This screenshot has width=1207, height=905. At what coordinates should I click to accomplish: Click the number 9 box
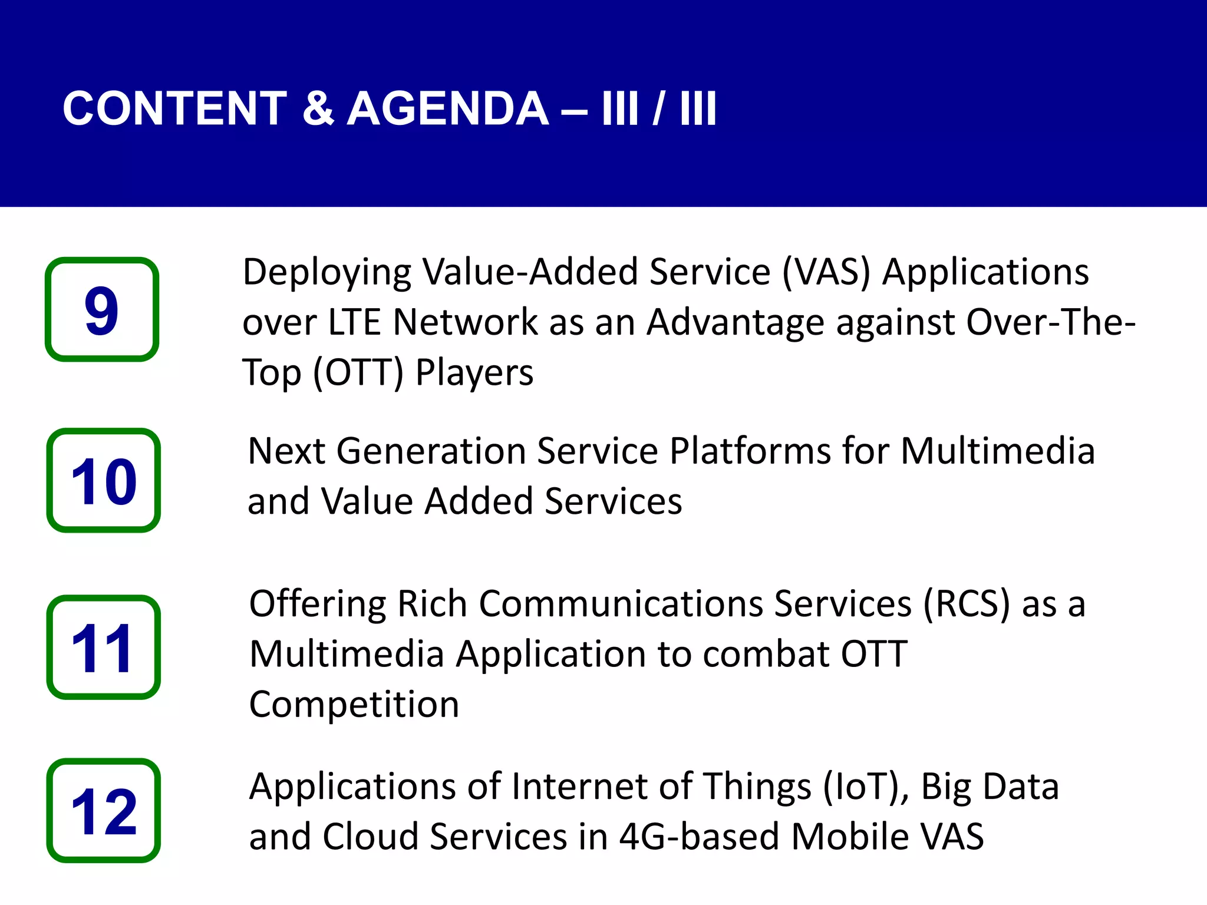click(102, 309)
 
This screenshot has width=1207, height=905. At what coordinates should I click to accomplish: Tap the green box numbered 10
click(103, 480)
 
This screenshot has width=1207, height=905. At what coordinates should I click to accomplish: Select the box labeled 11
click(103, 647)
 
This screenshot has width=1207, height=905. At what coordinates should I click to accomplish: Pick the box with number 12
click(103, 810)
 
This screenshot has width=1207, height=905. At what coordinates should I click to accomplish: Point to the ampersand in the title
click(318, 109)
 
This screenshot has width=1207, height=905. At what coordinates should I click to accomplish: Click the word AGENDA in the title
click(448, 109)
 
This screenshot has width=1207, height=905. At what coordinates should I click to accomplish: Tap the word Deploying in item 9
click(327, 273)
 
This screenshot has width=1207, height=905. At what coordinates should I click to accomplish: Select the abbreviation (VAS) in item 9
click(826, 272)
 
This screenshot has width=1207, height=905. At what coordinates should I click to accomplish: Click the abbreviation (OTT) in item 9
click(358, 373)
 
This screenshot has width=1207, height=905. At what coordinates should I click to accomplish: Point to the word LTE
click(354, 322)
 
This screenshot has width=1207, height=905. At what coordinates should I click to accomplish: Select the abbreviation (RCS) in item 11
click(967, 605)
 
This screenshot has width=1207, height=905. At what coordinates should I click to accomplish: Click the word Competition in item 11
click(354, 705)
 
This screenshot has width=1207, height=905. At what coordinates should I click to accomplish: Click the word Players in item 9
click(474, 373)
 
